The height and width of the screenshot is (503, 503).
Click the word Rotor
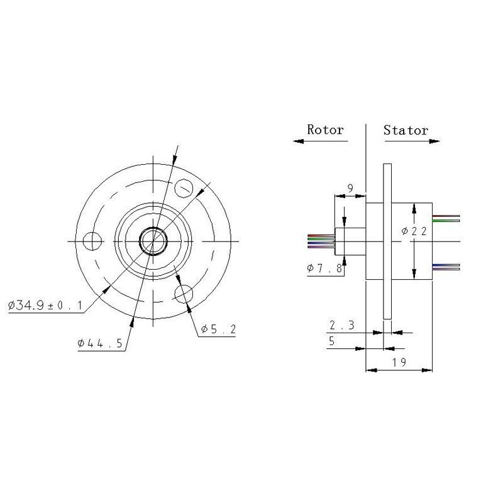325,130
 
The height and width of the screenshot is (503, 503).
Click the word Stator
406,130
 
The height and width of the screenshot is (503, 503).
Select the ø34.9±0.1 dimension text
45,305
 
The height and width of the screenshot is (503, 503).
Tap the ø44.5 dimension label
100,343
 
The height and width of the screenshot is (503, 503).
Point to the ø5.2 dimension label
218,329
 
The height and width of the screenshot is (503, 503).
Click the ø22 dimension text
414,231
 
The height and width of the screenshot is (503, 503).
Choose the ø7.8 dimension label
324,268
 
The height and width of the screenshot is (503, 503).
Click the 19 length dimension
399,362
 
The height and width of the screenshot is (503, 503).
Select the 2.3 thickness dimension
342,325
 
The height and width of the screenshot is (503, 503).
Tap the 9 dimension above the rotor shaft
350,188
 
